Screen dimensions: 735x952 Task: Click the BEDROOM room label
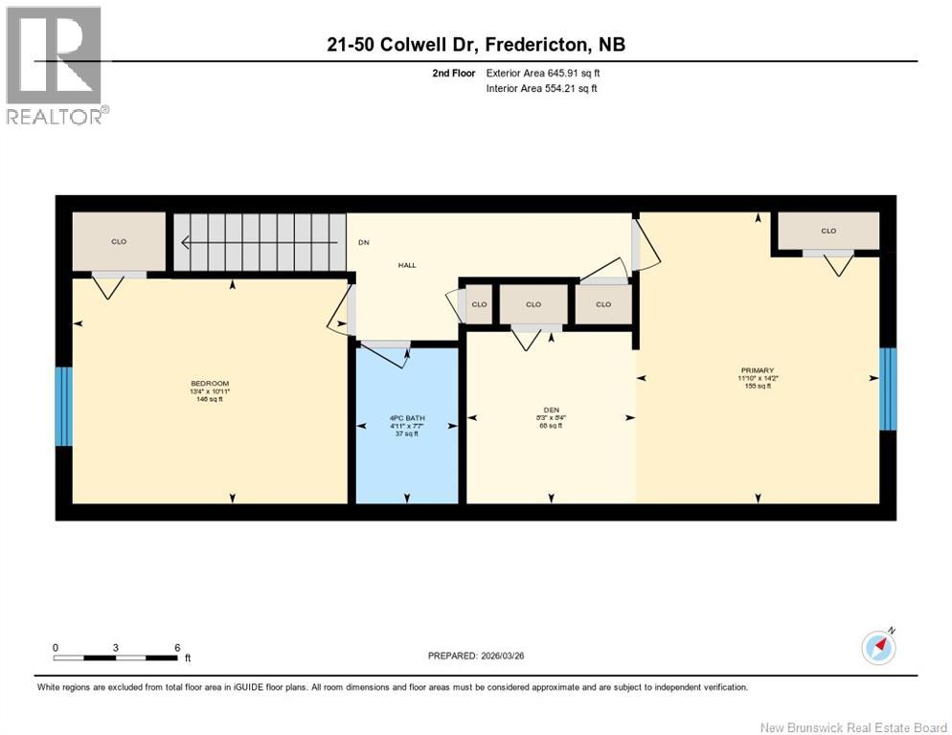(x=209, y=383)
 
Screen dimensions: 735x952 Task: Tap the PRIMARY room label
(x=757, y=370)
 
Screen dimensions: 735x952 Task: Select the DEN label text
(x=550, y=409)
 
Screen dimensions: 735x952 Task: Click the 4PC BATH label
(x=407, y=416)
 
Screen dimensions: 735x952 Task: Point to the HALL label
(x=407, y=265)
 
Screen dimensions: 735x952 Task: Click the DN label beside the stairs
(x=363, y=242)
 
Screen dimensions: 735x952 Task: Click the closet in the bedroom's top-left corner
(x=119, y=241)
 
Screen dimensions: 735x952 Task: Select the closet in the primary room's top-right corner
(x=827, y=231)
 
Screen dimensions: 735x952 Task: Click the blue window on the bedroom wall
(x=63, y=406)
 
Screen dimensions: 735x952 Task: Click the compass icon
(x=878, y=648)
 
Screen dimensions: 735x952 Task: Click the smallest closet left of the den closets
(x=479, y=304)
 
